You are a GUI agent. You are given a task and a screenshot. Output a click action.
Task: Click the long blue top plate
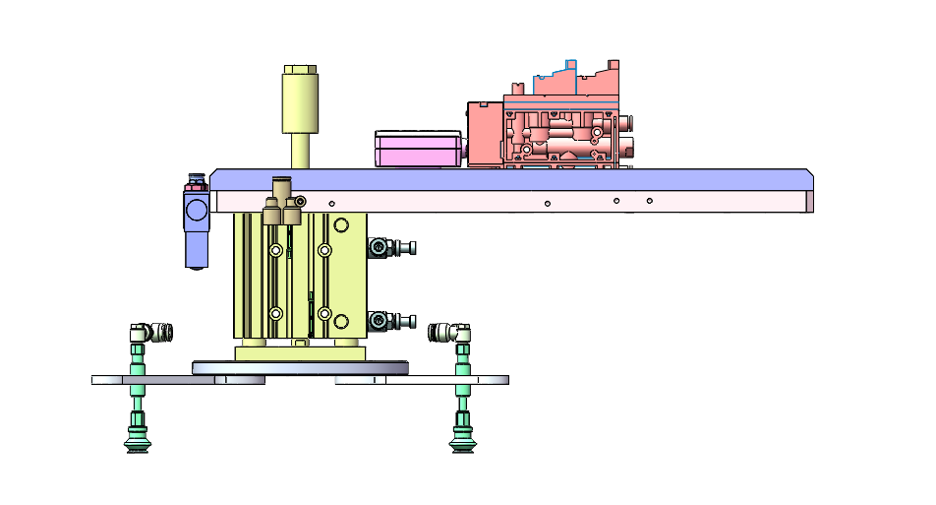(511, 179)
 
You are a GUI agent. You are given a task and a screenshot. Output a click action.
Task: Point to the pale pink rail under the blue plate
(511, 202)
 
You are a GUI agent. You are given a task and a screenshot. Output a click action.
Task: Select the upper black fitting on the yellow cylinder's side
(390, 247)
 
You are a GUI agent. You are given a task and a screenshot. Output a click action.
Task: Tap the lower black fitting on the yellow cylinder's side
(390, 321)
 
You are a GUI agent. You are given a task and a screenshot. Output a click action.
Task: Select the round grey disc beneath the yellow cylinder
(300, 368)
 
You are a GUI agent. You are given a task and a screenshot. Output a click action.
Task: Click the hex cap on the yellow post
(299, 71)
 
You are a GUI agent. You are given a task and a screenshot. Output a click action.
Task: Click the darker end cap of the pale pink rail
(809, 202)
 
